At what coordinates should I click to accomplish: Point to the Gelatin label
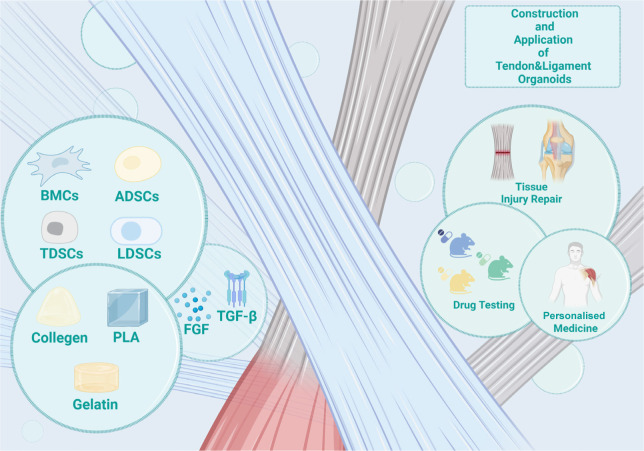95,403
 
